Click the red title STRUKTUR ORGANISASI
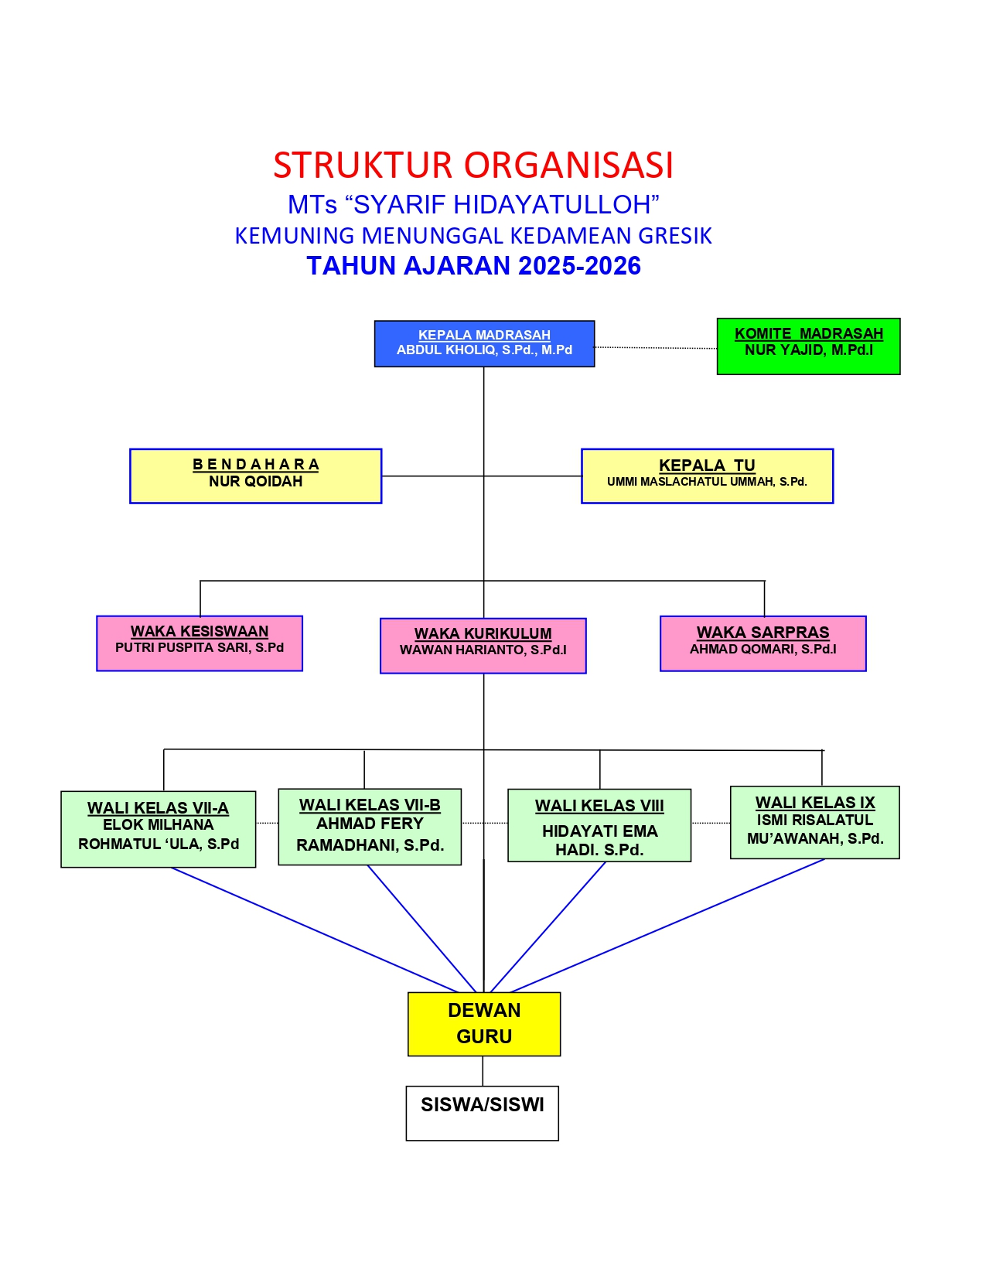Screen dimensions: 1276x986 tap(473, 165)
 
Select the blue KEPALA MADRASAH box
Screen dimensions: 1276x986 tap(484, 343)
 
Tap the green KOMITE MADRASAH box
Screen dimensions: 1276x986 tap(808, 346)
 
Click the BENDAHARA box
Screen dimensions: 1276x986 tap(255, 476)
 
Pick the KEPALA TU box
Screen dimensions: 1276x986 tap(707, 476)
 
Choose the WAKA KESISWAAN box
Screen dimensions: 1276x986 tap(200, 643)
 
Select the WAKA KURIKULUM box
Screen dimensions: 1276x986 tap(483, 646)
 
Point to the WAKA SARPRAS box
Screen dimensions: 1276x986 tap(763, 643)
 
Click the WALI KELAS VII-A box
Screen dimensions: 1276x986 tap(159, 829)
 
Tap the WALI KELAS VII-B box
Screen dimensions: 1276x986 tap(370, 827)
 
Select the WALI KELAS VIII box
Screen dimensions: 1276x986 tap(599, 825)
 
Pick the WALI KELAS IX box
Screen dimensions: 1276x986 tap(815, 822)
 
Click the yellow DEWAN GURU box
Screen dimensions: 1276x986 tap(484, 1024)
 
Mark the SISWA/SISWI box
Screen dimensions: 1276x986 tap(483, 1113)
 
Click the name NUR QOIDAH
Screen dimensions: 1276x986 tap(255, 482)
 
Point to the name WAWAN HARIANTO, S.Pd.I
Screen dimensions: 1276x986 tap(483, 650)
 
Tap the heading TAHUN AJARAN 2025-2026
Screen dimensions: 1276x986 tap(473, 266)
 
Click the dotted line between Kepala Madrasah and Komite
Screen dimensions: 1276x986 tap(656, 348)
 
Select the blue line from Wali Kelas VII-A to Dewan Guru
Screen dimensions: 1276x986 tap(313, 930)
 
